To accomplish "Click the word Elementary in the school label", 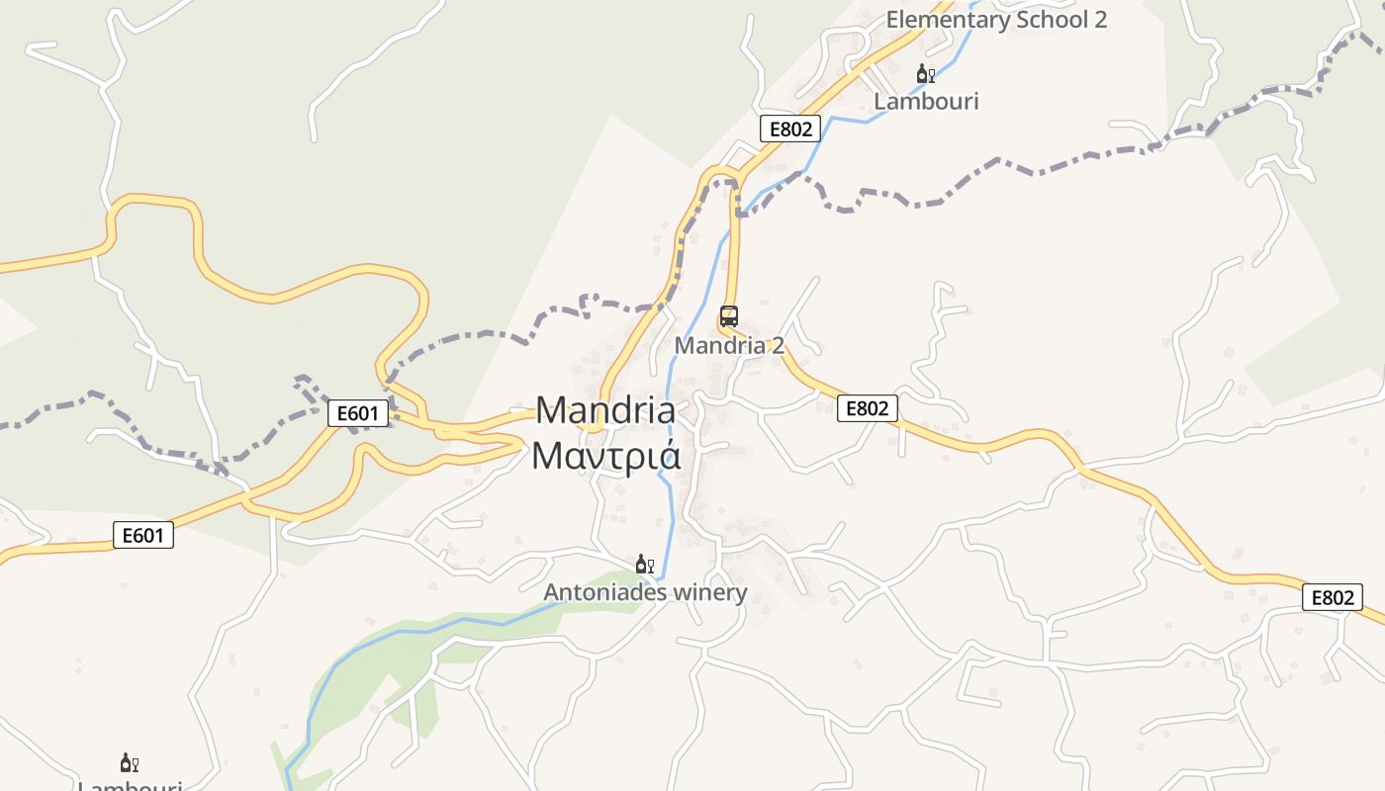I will click(x=947, y=19).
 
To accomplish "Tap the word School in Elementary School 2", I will click(x=1052, y=19).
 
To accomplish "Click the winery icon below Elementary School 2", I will click(x=925, y=74).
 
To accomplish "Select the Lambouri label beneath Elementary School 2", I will click(x=926, y=101).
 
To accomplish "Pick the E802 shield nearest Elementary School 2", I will click(x=790, y=129).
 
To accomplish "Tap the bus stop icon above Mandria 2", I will click(x=729, y=316).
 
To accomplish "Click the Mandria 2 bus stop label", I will click(x=729, y=345).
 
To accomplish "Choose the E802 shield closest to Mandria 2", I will click(x=867, y=408).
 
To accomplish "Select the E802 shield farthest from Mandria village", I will click(x=1332, y=597).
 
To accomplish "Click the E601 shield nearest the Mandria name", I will click(x=357, y=413).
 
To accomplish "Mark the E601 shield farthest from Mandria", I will click(x=142, y=536).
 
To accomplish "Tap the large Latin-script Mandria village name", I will click(x=605, y=410).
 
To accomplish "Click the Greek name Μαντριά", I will click(x=605, y=456).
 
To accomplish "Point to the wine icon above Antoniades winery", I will click(x=644, y=565).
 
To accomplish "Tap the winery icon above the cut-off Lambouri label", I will click(x=129, y=762).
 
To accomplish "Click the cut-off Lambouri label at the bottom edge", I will click(x=130, y=786).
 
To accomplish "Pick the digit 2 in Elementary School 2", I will click(x=1100, y=19).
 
